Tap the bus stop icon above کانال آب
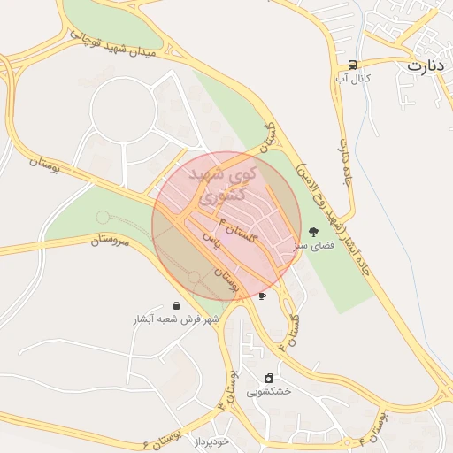click(353, 65)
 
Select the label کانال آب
click(352, 80)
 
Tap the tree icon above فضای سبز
click(313, 232)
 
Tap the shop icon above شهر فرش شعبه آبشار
click(177, 305)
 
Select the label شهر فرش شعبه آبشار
click(176, 319)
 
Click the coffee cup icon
click(262, 296)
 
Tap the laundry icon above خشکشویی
click(269, 378)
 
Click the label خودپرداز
click(211, 441)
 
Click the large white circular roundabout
click(123, 110)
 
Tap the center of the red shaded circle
click(226, 226)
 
